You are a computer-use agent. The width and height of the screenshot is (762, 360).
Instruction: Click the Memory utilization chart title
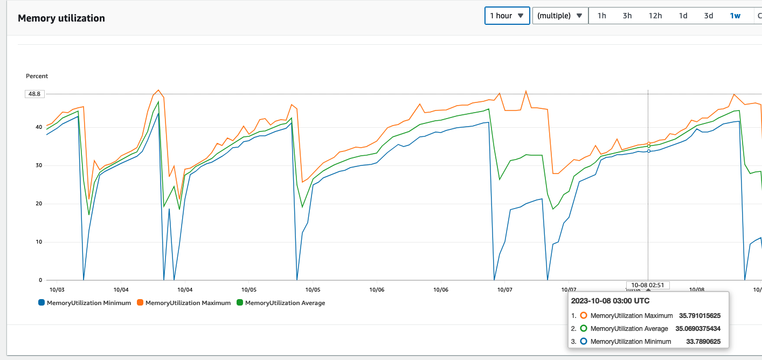61,18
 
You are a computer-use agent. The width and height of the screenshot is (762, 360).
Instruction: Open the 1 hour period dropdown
507,16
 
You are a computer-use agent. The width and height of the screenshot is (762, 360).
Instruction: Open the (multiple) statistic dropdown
559,16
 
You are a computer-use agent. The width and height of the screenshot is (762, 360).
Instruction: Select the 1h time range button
601,16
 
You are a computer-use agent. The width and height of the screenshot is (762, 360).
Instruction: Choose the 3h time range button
627,16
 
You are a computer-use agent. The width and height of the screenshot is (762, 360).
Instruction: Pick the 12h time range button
655,16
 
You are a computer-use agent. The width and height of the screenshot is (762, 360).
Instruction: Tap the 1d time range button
683,16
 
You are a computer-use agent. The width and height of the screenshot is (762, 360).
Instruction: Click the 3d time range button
709,16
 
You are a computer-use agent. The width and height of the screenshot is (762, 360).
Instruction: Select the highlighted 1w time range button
735,16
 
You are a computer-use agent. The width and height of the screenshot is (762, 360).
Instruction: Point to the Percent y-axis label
37,76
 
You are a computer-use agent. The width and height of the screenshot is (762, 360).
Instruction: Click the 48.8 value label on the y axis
34,94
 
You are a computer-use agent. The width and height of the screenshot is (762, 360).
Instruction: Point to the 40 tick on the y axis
38,127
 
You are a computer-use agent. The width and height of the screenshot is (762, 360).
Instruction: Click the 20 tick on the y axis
38,204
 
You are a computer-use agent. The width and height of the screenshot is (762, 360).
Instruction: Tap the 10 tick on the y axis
38,242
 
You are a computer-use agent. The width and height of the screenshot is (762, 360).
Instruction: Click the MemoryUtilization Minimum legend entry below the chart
85,303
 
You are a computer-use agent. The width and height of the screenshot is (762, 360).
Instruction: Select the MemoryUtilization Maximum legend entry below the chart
183,303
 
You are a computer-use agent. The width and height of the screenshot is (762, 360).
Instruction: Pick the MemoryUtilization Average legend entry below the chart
281,303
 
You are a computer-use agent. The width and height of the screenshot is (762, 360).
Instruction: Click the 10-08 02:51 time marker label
648,285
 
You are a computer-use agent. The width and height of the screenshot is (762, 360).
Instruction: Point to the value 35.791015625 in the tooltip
699,316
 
